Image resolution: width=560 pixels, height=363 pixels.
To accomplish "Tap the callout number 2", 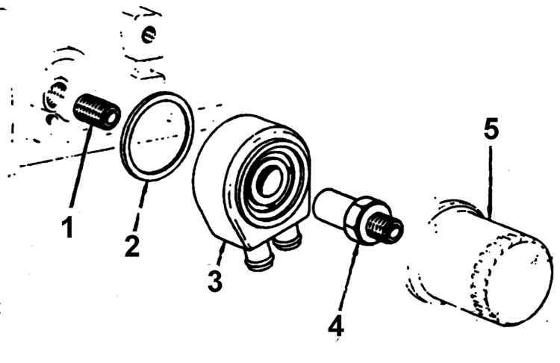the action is pyautogui.click(x=132, y=246).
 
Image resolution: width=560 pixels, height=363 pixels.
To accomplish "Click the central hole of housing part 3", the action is pyautogui.click(x=270, y=181).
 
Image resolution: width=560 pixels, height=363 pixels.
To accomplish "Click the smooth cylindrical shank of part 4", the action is pyautogui.click(x=330, y=206).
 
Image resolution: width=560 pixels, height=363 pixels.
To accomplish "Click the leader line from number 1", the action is pyautogui.click(x=81, y=168).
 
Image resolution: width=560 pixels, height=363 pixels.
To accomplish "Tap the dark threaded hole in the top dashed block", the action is pyautogui.click(x=149, y=34).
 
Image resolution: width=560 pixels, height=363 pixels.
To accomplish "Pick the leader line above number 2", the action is pyautogui.click(x=140, y=206).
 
